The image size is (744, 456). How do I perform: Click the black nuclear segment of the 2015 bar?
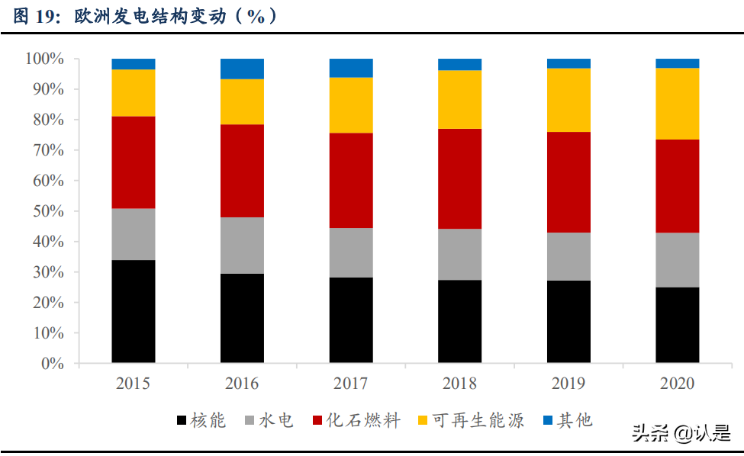click(x=134, y=311)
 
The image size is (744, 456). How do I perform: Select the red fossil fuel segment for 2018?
click(x=459, y=178)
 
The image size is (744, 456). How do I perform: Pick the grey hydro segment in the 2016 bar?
click(x=242, y=246)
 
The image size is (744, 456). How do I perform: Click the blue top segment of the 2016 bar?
click(x=242, y=69)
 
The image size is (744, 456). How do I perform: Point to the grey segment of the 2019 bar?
click(x=568, y=256)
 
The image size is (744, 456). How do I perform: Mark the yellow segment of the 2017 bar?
click(x=351, y=105)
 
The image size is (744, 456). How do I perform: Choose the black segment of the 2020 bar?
click(x=677, y=325)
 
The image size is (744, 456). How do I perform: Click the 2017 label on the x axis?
click(x=351, y=384)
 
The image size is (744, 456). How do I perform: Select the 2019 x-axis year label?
click(x=568, y=384)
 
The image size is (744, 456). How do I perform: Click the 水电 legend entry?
click(x=269, y=420)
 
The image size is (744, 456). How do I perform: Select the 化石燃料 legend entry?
click(x=355, y=420)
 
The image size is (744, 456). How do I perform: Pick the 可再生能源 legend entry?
click(x=470, y=420)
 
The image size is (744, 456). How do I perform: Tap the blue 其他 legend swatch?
click(x=548, y=420)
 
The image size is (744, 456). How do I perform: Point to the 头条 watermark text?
click(x=646, y=433)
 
